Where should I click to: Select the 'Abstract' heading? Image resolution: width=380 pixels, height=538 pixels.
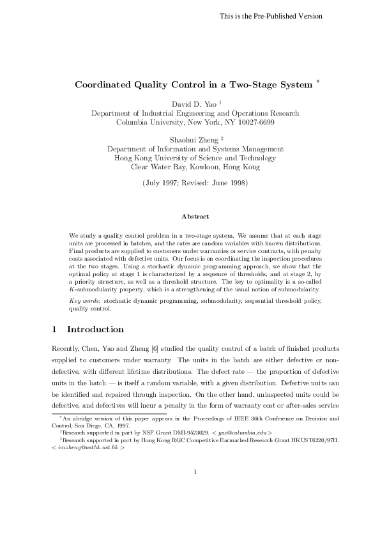point(195,217)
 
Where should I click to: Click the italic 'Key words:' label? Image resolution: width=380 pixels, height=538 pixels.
point(83,300)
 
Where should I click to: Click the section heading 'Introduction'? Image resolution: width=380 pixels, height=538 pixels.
point(95,330)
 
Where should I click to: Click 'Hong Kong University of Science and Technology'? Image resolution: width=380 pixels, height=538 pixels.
point(195,158)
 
